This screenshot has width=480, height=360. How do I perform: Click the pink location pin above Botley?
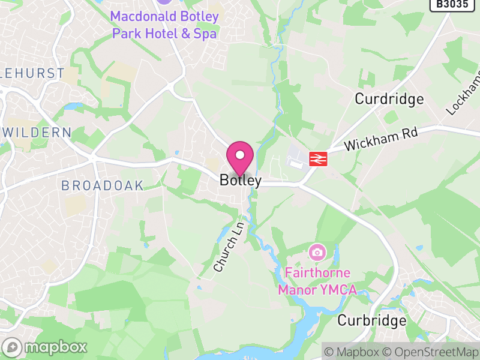241,157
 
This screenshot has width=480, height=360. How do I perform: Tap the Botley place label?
241,180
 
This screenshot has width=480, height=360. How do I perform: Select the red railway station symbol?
317,158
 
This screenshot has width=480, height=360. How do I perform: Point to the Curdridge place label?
389,99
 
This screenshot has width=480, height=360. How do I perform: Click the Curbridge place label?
372,320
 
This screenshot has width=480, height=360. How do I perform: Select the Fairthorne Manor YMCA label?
317,281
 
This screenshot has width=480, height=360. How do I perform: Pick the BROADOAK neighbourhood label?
103,186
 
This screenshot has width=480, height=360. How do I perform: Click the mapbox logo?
46,347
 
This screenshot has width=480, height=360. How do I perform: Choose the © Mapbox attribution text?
354,352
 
